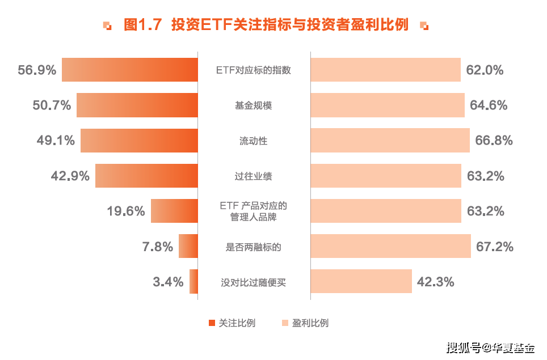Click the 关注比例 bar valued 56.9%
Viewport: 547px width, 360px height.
pos(130,70)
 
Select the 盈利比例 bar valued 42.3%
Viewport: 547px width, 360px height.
pos(361,281)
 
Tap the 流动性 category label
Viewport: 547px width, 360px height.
pos(253,141)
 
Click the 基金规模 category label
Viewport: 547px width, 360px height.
pos(253,105)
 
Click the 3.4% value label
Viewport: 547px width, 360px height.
pos(168,282)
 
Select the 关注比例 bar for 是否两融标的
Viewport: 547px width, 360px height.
pos(188,246)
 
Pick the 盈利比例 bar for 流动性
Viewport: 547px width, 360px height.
pos(390,141)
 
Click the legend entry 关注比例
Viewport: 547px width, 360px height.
pos(232,323)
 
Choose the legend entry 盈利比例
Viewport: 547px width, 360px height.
pos(305,323)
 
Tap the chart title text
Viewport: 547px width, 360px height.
pos(266,25)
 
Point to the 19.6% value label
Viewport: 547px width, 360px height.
pos(126,211)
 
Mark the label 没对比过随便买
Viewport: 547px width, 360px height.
pos(253,282)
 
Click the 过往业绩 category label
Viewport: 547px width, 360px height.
pos(253,176)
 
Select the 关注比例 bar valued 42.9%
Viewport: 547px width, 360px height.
pos(146,176)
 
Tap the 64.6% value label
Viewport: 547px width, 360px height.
pos(488,105)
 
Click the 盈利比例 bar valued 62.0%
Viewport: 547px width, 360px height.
pos(385,70)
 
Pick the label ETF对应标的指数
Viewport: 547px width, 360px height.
pos(253,70)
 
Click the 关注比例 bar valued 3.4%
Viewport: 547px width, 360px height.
pos(193,281)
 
